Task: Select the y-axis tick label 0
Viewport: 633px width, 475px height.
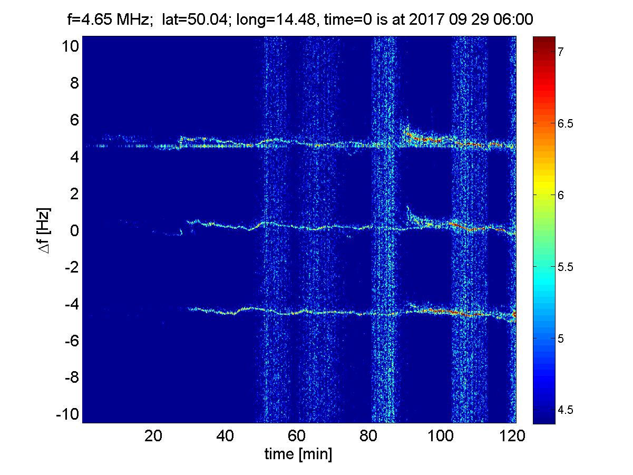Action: coord(74,230)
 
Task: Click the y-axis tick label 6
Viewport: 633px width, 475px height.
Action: coord(74,120)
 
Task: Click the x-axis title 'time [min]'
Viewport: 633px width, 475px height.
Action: coord(298,454)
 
